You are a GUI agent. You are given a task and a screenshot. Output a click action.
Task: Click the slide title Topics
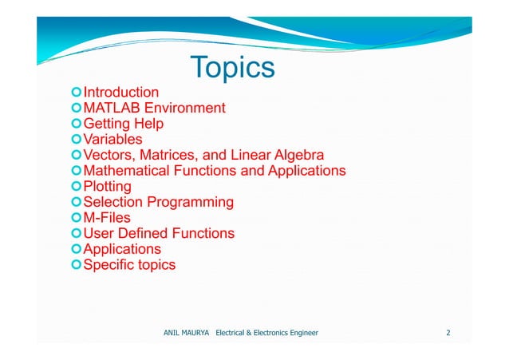(x=232, y=68)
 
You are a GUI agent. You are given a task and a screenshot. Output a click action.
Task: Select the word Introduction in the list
(x=121, y=93)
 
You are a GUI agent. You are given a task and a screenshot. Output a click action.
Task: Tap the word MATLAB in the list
(x=112, y=108)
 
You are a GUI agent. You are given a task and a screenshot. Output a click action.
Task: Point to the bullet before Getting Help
(x=77, y=124)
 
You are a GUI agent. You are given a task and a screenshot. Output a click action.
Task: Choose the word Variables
(x=113, y=140)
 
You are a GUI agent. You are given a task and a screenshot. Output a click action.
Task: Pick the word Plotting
(x=108, y=187)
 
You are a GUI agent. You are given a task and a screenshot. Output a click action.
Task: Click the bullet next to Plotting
(x=77, y=187)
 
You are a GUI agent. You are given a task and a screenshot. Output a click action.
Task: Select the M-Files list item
(x=107, y=218)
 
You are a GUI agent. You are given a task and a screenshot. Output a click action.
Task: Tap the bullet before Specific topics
(x=77, y=265)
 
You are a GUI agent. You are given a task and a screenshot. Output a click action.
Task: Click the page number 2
(x=448, y=331)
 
